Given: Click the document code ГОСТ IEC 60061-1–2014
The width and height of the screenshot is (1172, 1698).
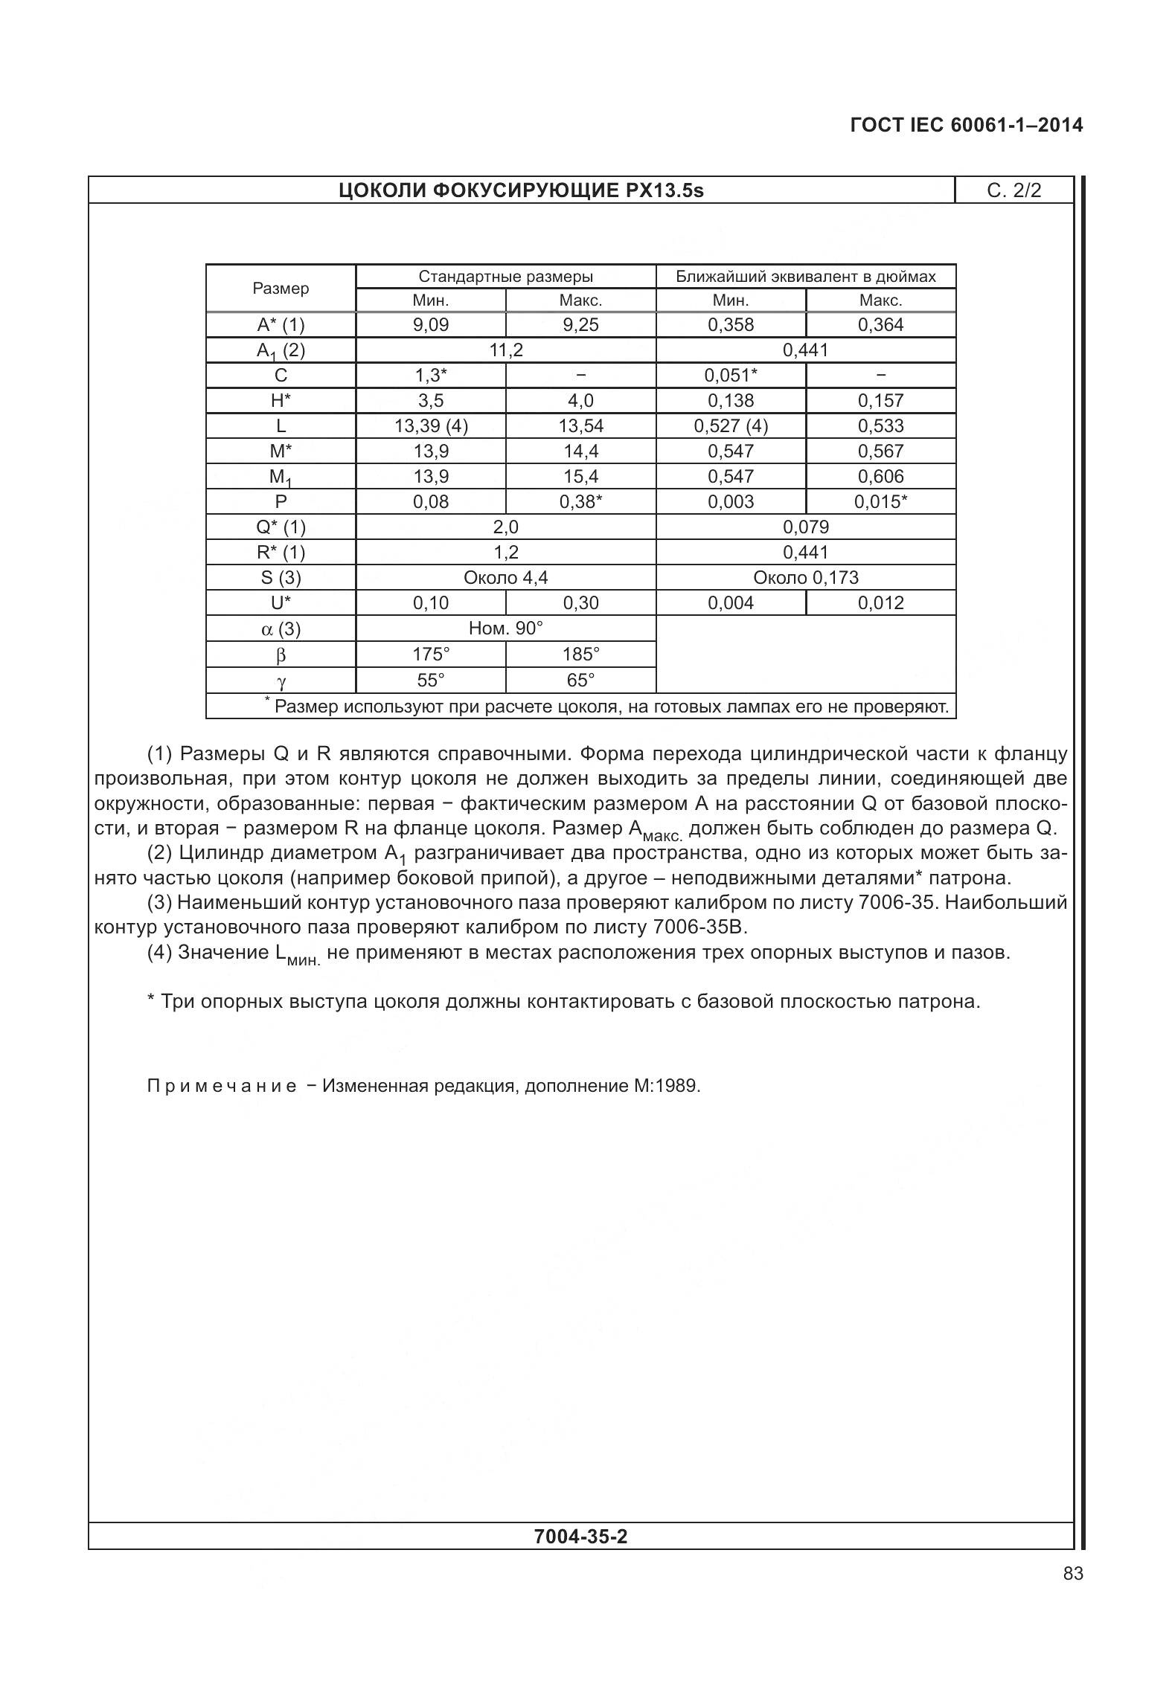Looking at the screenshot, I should (x=966, y=125).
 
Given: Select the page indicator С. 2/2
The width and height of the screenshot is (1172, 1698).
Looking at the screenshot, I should (x=1014, y=190).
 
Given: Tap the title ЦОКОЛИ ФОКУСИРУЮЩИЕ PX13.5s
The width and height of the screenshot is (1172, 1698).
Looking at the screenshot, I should (x=521, y=190).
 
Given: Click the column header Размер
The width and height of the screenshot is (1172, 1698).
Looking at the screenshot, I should (x=281, y=289).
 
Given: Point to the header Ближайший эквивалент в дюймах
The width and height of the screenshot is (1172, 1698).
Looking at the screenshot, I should (x=805, y=277).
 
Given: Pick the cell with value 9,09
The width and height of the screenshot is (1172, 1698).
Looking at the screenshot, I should (x=431, y=325).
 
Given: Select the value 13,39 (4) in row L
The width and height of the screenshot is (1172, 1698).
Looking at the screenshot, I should (x=431, y=426).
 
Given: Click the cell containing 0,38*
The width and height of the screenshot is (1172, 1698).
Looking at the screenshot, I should (x=580, y=502).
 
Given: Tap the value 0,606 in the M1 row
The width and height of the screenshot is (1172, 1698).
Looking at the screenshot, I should (x=880, y=477).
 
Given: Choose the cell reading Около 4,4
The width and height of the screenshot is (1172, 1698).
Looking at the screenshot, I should (x=505, y=578).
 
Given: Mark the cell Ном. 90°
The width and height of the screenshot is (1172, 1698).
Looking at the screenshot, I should (x=505, y=628).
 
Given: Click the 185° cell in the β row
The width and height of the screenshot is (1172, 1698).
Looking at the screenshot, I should (x=580, y=655).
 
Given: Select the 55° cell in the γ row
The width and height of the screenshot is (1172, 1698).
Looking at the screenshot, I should (x=431, y=680).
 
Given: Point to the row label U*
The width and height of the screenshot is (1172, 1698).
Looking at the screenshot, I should (x=281, y=603).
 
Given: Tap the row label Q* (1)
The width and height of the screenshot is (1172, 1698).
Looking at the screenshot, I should (x=281, y=527).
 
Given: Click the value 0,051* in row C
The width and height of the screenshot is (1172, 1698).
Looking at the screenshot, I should (x=731, y=376).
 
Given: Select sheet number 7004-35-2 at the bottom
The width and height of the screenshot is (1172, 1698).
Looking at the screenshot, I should (x=580, y=1536).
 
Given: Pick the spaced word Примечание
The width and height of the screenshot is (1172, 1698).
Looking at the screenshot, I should (x=222, y=1086).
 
